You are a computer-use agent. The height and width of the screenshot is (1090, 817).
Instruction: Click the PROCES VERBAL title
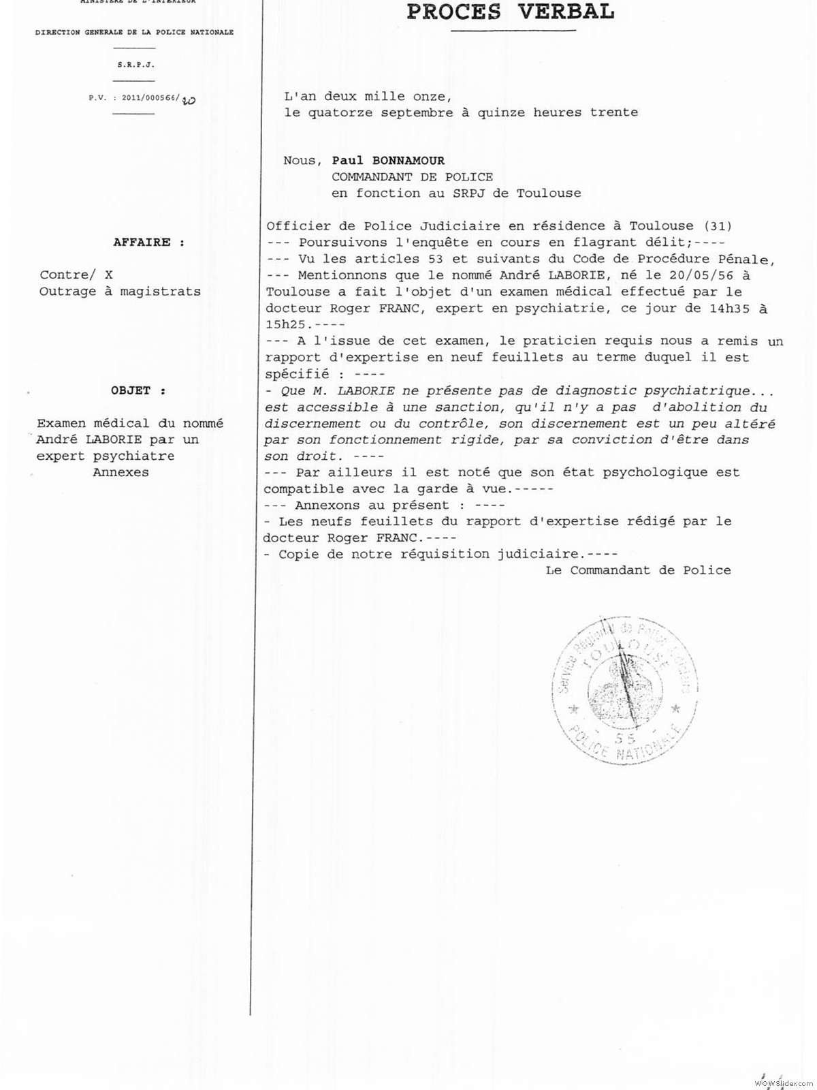pyautogui.click(x=510, y=12)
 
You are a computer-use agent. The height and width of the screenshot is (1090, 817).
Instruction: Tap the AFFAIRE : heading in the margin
pyautogui.click(x=148, y=242)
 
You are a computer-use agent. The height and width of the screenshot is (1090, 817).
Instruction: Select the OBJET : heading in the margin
pyautogui.click(x=139, y=390)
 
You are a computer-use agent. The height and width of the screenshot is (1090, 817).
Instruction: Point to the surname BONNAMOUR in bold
pyautogui.click(x=408, y=161)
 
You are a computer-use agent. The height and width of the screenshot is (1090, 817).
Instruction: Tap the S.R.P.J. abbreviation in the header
pyautogui.click(x=134, y=65)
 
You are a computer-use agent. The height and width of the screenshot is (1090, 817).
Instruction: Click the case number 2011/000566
pyautogui.click(x=150, y=98)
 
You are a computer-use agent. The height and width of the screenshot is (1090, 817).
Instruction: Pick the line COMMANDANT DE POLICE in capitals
pyautogui.click(x=412, y=177)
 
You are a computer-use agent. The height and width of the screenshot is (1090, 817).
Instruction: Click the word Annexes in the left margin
pyautogui.click(x=121, y=472)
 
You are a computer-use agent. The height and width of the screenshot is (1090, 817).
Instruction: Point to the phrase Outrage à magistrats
pyautogui.click(x=120, y=292)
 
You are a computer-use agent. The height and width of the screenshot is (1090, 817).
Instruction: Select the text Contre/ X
pyautogui.click(x=76, y=275)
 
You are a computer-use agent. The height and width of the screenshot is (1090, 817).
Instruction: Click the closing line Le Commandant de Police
pyautogui.click(x=638, y=570)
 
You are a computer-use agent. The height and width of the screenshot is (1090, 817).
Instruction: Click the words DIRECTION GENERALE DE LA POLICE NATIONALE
pyautogui.click(x=134, y=32)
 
